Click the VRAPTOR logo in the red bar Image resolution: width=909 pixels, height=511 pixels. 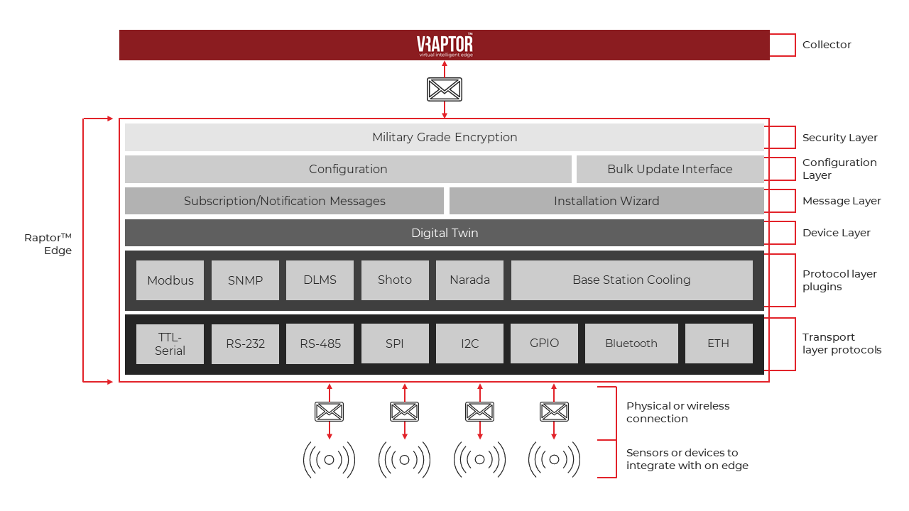[x=445, y=45]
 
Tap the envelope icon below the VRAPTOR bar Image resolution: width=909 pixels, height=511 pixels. [x=445, y=89]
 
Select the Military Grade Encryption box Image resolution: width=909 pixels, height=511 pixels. [x=445, y=137]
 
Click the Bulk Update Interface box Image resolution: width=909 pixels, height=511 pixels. [x=670, y=169]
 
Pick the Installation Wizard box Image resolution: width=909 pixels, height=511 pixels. [x=606, y=201]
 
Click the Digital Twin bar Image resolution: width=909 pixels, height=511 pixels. [x=445, y=233]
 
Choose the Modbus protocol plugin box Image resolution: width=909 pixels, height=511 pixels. [x=170, y=280]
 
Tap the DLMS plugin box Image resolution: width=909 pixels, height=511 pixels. [x=320, y=280]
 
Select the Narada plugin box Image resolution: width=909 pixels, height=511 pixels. [x=469, y=280]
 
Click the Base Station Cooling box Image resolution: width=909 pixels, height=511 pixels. [x=631, y=280]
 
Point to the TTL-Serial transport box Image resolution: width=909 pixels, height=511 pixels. [x=170, y=344]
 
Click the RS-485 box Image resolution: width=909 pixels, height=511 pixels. [x=320, y=344]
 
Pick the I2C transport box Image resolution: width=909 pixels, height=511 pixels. [x=469, y=344]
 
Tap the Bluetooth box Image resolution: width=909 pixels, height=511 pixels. [x=631, y=344]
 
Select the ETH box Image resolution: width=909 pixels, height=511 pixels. [x=718, y=344]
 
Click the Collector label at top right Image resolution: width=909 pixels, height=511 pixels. [x=827, y=45]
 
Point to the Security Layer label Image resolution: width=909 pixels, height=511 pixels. [x=839, y=138]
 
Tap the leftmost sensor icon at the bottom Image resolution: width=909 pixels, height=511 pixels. [x=329, y=460]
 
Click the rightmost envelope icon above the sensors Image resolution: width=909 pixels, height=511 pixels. [x=554, y=412]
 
